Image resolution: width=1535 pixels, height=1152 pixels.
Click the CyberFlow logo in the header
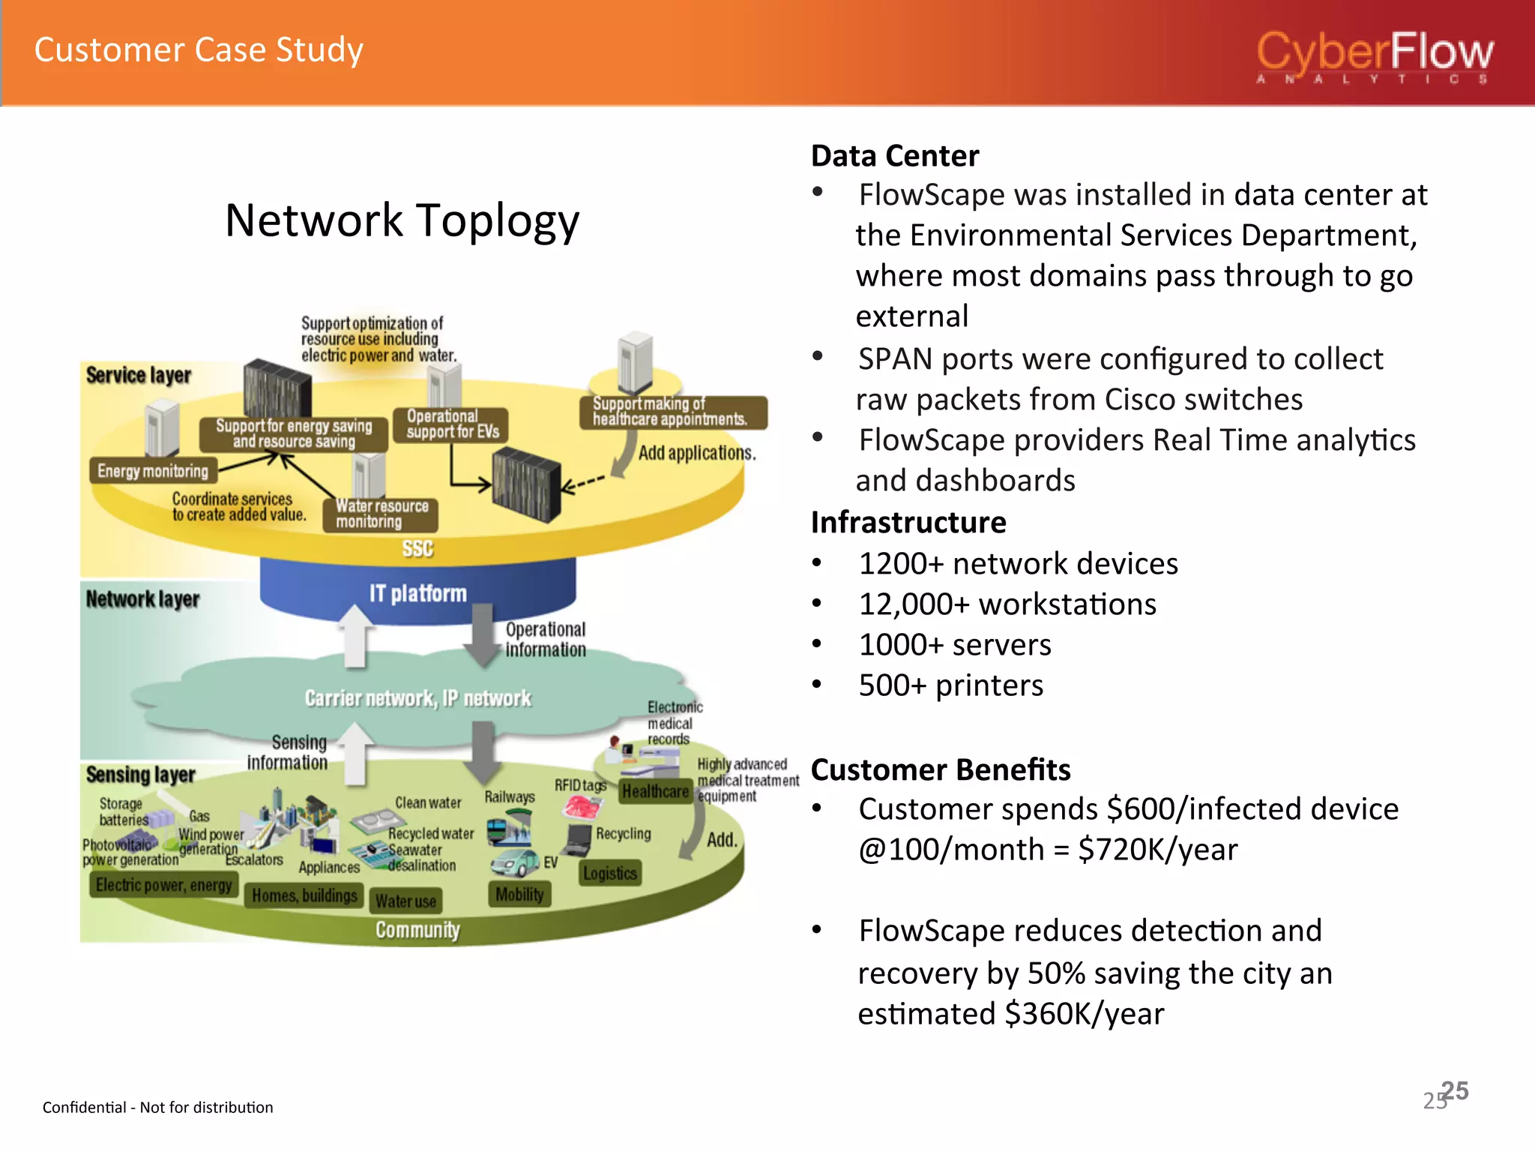point(1375,57)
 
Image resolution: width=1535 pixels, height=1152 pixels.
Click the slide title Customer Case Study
point(199,50)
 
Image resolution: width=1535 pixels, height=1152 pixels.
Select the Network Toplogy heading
point(402,220)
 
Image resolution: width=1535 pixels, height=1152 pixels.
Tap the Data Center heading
point(895,156)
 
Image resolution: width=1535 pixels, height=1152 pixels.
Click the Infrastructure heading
point(908,522)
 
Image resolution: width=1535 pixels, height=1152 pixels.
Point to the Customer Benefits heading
point(941,769)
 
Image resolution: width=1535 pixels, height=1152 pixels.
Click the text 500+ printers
point(950,685)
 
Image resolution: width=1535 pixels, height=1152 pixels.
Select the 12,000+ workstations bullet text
point(1007,604)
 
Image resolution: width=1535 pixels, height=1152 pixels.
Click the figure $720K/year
point(1157,850)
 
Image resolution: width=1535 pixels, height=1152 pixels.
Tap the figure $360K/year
point(1085,1014)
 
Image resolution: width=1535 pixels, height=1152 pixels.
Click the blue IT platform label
point(417,593)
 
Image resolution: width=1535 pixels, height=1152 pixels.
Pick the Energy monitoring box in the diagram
point(153,471)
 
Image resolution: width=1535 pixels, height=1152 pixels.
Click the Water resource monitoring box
point(381,514)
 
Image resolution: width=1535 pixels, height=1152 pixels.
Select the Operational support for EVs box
point(451,424)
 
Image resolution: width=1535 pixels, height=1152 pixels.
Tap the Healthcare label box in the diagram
point(654,791)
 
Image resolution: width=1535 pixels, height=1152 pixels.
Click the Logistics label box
point(610,873)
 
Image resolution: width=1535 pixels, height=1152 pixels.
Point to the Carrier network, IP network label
point(417,698)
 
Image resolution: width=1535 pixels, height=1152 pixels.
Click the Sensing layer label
point(140,774)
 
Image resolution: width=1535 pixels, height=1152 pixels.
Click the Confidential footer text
point(157,1107)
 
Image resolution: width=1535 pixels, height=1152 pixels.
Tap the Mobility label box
point(519,894)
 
